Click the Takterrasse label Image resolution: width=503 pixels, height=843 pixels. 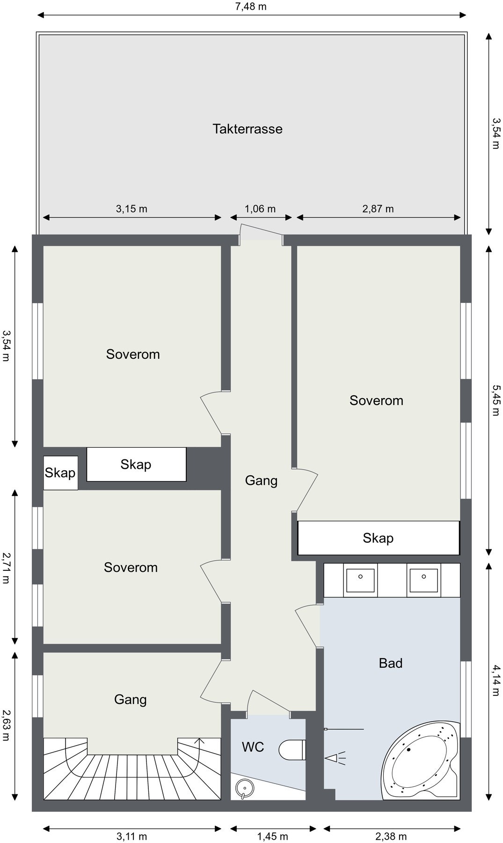pyautogui.click(x=248, y=129)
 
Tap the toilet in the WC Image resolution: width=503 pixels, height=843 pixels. pyautogui.click(x=292, y=750)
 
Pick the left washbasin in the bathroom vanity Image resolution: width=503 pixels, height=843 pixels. pyautogui.click(x=360, y=581)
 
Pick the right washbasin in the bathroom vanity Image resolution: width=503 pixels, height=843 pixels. pyautogui.click(x=424, y=581)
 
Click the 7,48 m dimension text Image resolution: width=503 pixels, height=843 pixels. pyautogui.click(x=251, y=7)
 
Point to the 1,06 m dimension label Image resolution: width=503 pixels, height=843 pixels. pyautogui.click(x=260, y=209)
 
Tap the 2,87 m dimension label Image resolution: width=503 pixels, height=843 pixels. pyautogui.click(x=378, y=209)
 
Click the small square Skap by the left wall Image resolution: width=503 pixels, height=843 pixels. pyautogui.click(x=60, y=473)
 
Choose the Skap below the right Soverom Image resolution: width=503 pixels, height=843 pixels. pyautogui.click(x=379, y=538)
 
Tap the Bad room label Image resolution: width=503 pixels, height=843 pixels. pyautogui.click(x=391, y=663)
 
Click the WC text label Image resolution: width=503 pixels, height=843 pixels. pyautogui.click(x=253, y=747)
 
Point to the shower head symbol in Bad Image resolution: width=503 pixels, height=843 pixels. pyautogui.click(x=335, y=758)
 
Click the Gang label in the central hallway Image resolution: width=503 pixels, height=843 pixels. pyautogui.click(x=261, y=481)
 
